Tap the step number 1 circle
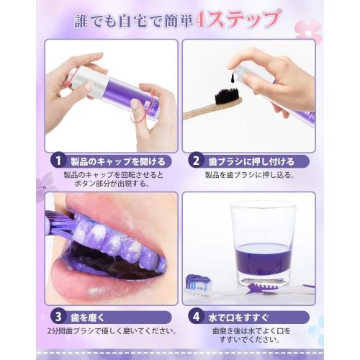click(x=55, y=161)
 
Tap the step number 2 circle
click(x=194, y=161)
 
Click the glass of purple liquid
click(x=263, y=241)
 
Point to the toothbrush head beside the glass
click(x=199, y=283)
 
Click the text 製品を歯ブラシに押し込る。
click(x=248, y=175)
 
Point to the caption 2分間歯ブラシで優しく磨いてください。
click(x=109, y=330)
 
